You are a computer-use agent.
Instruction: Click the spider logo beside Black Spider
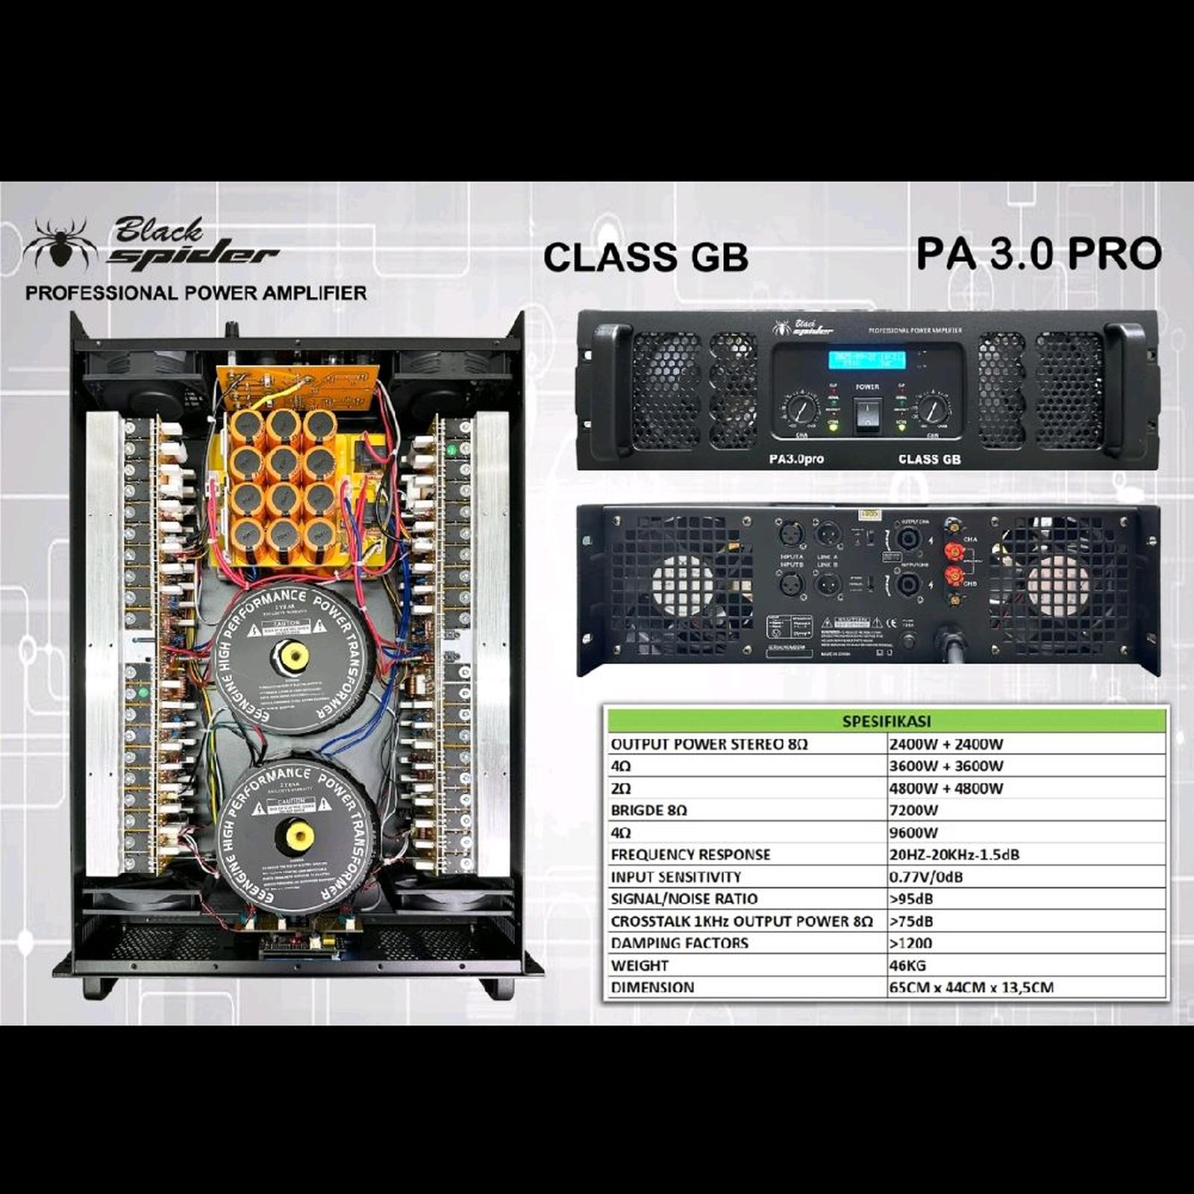60,244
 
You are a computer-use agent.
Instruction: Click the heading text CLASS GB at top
646,257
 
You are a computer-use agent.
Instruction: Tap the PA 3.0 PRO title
1039,254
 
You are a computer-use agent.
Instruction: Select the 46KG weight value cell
907,966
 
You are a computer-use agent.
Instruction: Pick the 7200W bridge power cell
913,810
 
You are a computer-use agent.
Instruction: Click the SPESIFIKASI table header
886,722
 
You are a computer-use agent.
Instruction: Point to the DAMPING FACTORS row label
679,943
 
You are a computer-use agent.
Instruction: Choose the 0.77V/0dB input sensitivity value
925,877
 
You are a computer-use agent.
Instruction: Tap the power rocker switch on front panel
867,414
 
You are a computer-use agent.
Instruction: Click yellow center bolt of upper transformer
291,657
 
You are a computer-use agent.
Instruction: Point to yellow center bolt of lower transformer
297,834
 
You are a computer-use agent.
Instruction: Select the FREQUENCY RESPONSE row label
690,854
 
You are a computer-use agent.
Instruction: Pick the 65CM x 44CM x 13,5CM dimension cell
971,987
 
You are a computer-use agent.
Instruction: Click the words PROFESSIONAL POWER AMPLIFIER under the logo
196,293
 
